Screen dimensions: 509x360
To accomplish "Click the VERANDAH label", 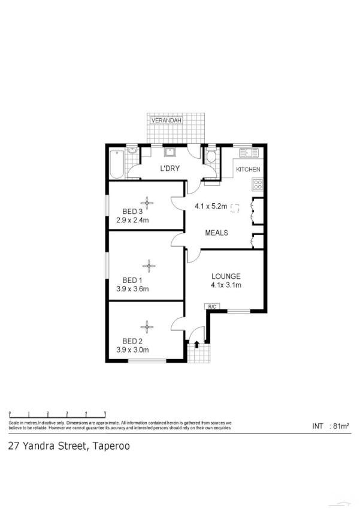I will point(166,121).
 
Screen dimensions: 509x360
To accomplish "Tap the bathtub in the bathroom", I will point(117,163).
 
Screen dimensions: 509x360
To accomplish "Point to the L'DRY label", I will point(170,169).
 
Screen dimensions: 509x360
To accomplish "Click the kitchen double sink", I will point(246,152).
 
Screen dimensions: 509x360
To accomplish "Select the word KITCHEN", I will point(248,170).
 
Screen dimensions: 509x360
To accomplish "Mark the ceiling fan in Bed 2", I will point(147,326).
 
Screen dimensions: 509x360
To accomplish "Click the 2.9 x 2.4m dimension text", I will point(132,220).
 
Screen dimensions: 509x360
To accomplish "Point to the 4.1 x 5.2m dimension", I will point(211,207).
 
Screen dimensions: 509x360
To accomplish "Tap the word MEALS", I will point(216,233).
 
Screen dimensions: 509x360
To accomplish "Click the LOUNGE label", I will point(226,276).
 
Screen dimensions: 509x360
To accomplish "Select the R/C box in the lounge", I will point(211,307).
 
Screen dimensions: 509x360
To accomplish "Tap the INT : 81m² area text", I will point(331,426).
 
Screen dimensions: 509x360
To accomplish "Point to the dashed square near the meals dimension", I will point(235,208).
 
